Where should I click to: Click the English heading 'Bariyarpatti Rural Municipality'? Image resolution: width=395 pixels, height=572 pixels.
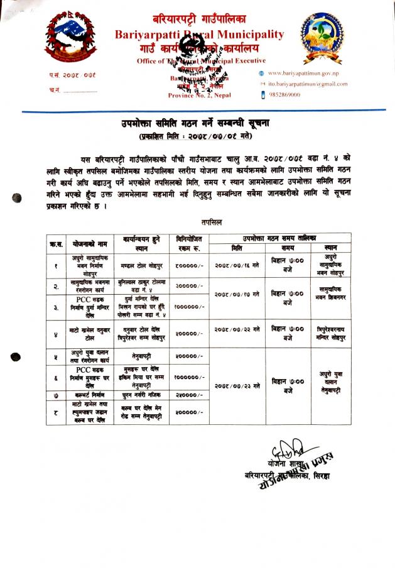point(199,35)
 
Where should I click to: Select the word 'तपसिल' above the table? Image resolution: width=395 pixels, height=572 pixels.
point(211,222)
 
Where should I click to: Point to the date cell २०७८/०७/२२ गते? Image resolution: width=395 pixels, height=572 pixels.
point(237,329)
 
